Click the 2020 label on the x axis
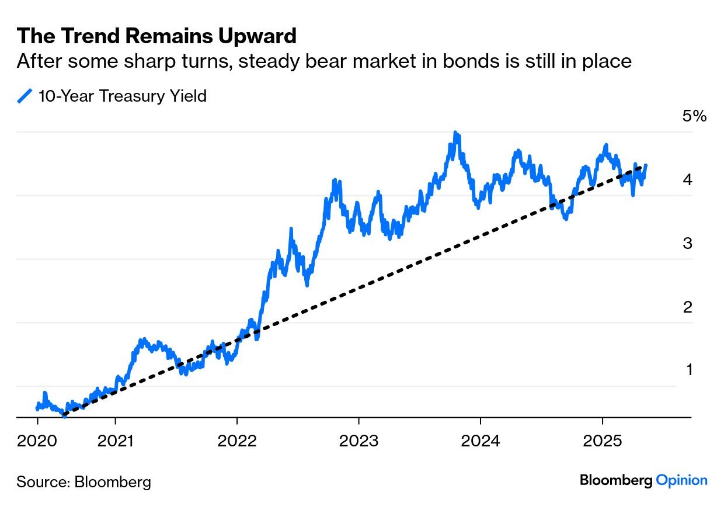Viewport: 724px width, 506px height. [37, 441]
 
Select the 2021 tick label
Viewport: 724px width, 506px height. [116, 441]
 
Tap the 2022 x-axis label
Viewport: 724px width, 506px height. [237, 441]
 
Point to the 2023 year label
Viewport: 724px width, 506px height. [358, 441]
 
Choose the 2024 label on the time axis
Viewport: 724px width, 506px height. [480, 441]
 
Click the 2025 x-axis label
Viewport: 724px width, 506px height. [602, 441]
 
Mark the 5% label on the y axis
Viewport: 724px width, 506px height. [694, 116]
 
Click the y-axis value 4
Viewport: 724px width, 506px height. [688, 179]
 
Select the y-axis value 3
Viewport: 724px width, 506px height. [688, 243]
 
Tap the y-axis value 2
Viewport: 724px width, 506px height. [688, 307]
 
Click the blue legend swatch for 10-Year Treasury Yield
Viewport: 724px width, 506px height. [25, 96]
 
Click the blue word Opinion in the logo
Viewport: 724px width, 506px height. [682, 480]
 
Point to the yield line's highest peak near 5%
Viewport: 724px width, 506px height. [455, 133]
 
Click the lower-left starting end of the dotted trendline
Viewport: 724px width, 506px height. [64, 416]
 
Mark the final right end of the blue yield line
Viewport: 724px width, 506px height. [645, 166]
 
